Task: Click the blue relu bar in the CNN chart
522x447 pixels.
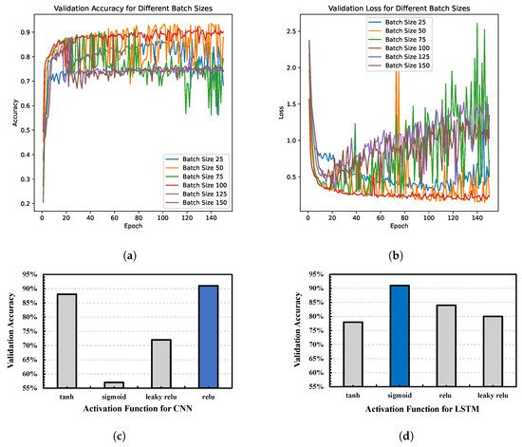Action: coord(212,336)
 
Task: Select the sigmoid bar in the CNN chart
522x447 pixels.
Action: coord(114,384)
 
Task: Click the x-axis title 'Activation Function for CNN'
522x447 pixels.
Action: coord(139,409)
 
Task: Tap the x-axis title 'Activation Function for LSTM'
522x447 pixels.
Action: coord(400,409)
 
